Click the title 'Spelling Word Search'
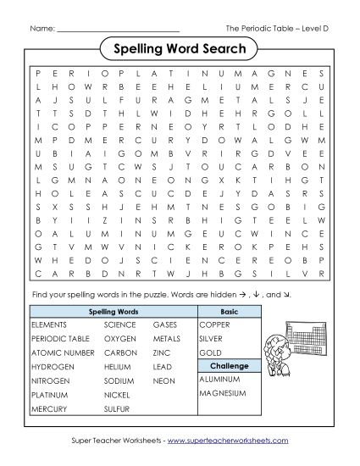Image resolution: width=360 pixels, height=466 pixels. tap(180, 48)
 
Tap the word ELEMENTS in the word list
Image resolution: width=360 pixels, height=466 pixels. tap(48, 325)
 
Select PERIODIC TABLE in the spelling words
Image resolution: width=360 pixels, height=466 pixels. tap(58, 338)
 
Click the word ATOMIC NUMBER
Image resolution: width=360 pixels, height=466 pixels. tap(62, 352)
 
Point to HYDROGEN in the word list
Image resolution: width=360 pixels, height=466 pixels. tap(52, 366)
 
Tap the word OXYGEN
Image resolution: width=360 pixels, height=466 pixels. tap(120, 338)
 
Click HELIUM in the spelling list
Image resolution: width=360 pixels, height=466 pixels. tap(118, 366)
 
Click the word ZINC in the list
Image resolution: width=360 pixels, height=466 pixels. tap(162, 352)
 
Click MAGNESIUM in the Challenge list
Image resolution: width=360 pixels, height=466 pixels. tap(224, 393)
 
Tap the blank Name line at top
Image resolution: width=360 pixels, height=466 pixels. tap(118, 29)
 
